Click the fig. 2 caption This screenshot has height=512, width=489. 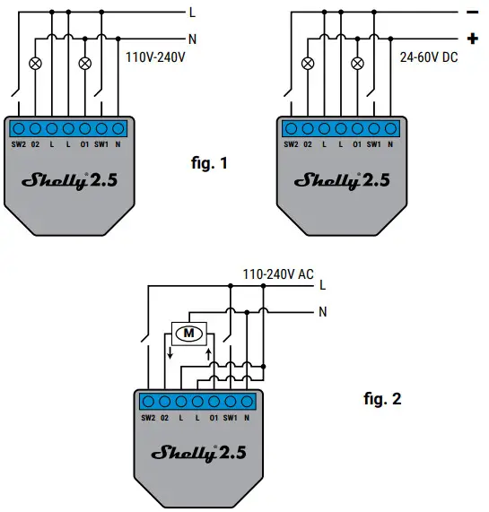[x=380, y=399]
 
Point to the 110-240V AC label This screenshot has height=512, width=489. [x=278, y=273]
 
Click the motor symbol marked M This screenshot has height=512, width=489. [x=188, y=334]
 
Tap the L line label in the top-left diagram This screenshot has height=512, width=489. [x=192, y=12]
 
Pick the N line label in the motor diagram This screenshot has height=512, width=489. [x=321, y=312]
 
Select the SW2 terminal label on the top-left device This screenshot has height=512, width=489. [x=18, y=143]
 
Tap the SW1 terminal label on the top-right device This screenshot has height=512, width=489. [x=376, y=143]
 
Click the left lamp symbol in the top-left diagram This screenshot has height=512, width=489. [x=36, y=63]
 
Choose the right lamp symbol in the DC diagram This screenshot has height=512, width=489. [x=358, y=63]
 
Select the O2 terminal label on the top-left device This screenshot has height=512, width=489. [x=35, y=143]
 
